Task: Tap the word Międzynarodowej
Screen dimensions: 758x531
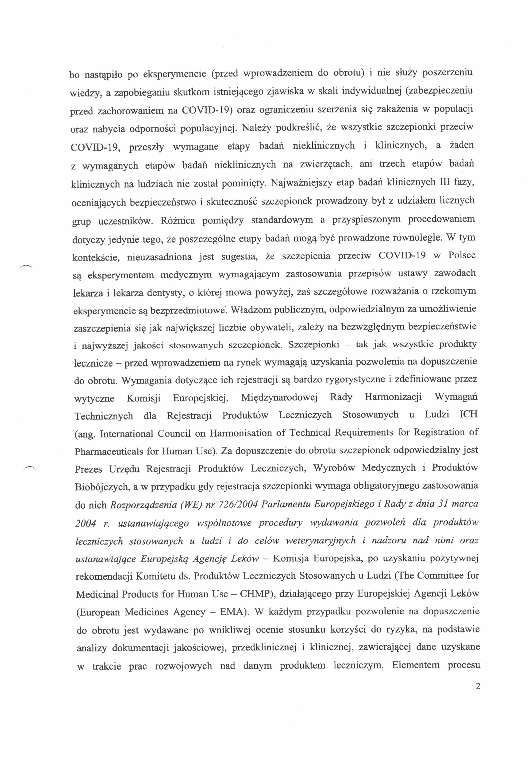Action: [x=279, y=397]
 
